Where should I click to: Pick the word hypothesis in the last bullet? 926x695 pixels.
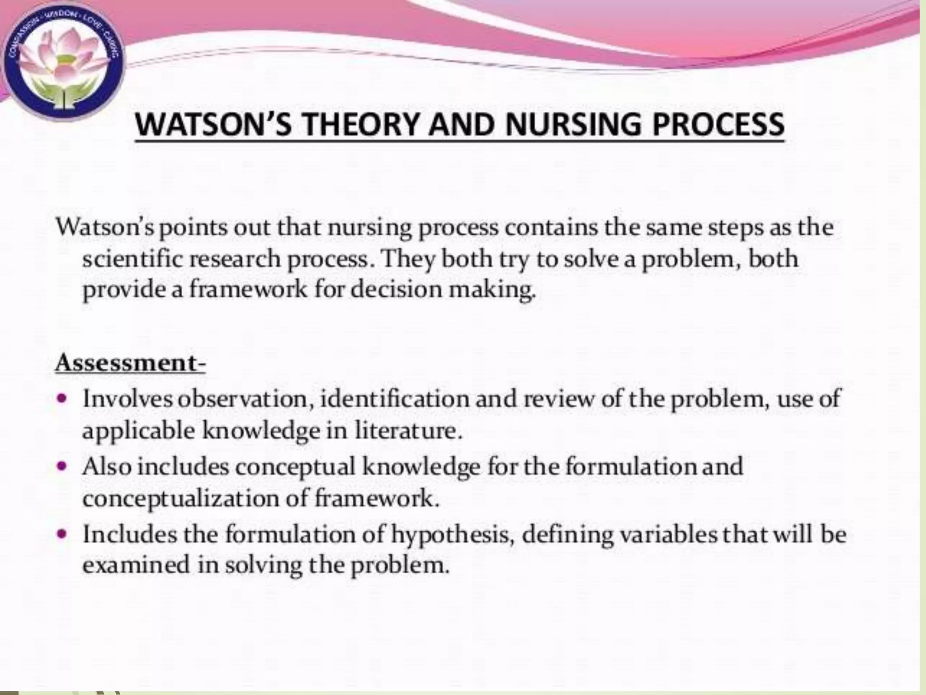453,535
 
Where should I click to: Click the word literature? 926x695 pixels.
408,430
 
